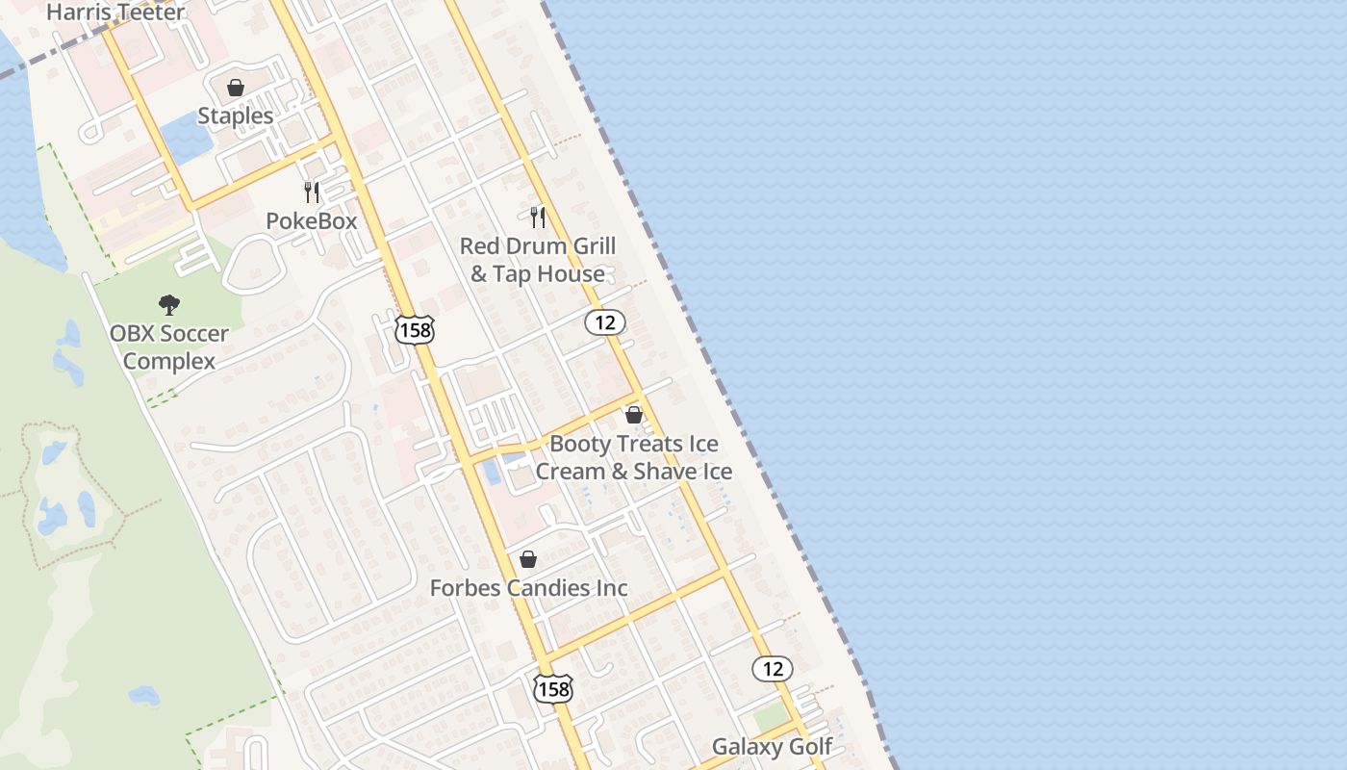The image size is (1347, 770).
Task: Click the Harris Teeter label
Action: [x=115, y=13]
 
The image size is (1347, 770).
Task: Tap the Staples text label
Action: [x=236, y=115]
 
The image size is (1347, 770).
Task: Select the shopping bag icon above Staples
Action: [x=236, y=88]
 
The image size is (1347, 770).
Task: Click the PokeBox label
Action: [x=311, y=220]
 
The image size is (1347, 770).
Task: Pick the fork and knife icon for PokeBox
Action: [x=311, y=192]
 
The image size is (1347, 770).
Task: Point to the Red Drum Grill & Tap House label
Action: [x=537, y=260]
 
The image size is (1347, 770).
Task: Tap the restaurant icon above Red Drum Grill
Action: [x=538, y=218]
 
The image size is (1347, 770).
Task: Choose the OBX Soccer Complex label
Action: [x=169, y=347]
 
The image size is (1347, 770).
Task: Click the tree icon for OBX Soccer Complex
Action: [x=169, y=306]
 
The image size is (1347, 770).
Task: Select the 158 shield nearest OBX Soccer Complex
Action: [x=415, y=330]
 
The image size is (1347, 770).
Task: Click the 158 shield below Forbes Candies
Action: [x=553, y=688]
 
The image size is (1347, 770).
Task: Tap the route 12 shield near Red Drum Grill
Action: [x=605, y=322]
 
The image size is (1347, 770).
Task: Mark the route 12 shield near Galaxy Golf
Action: [x=772, y=668]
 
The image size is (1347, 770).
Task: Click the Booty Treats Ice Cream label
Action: [x=633, y=457]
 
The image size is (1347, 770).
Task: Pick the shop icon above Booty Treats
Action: [x=633, y=415]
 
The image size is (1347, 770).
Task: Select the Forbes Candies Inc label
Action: [x=528, y=587]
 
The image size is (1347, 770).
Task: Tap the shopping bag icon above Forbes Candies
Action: [x=528, y=558]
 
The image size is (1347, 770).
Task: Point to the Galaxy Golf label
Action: [x=772, y=747]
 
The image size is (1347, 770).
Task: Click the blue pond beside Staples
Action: [x=188, y=138]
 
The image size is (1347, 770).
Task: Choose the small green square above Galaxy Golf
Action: [x=770, y=717]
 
